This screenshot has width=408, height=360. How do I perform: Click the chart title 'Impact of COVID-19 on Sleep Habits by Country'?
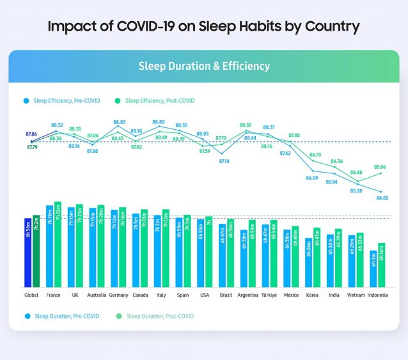[x=203, y=27]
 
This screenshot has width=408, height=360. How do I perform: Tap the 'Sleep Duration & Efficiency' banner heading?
[x=204, y=67]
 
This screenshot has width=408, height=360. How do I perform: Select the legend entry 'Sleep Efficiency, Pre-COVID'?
[x=59, y=100]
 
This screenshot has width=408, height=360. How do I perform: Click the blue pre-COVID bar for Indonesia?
[x=373, y=269]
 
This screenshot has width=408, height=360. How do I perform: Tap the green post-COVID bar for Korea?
[x=317, y=258]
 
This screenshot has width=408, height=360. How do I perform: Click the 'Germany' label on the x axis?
[x=119, y=295]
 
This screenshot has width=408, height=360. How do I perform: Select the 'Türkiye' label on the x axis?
[x=269, y=295]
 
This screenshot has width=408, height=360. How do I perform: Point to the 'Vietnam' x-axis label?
[x=355, y=295]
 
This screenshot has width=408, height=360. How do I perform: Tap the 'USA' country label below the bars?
[x=205, y=295]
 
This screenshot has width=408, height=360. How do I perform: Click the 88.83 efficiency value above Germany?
[x=119, y=121]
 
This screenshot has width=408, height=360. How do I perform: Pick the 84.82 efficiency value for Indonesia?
[x=382, y=198]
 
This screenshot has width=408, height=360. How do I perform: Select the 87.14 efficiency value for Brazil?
[x=224, y=161]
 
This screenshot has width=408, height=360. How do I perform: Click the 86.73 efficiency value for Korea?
[x=315, y=155]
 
